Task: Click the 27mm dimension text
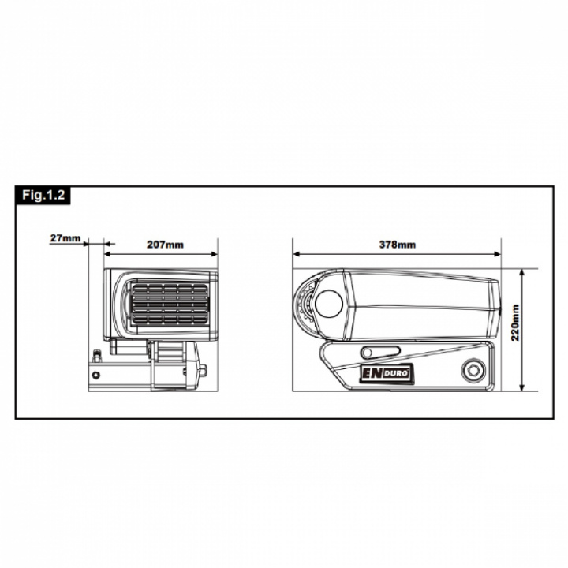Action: coord(64,237)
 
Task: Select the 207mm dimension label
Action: coord(165,244)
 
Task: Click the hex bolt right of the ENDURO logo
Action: coord(473,369)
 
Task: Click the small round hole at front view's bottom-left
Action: coord(95,373)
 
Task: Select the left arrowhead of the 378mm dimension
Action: coord(297,254)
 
